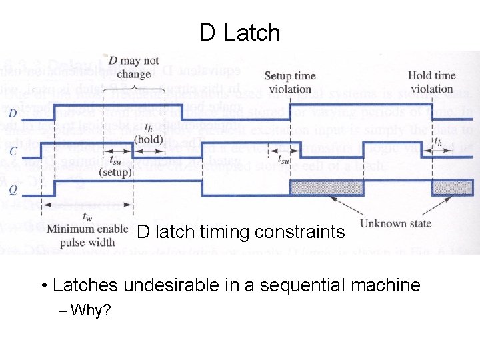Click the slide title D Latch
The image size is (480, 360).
[240, 32]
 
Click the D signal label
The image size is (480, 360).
[13, 113]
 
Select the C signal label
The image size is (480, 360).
[13, 151]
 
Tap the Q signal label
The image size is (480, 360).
[13, 188]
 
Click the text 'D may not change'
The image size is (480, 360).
[133, 67]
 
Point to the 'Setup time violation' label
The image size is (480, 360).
[290, 82]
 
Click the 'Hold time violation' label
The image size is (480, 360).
[431, 82]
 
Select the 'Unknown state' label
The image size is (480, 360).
[395, 224]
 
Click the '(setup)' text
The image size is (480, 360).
[116, 171]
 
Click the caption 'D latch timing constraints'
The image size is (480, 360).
[241, 232]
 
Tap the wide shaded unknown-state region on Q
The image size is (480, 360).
[327, 187]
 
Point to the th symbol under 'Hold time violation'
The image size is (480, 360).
[437, 141]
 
